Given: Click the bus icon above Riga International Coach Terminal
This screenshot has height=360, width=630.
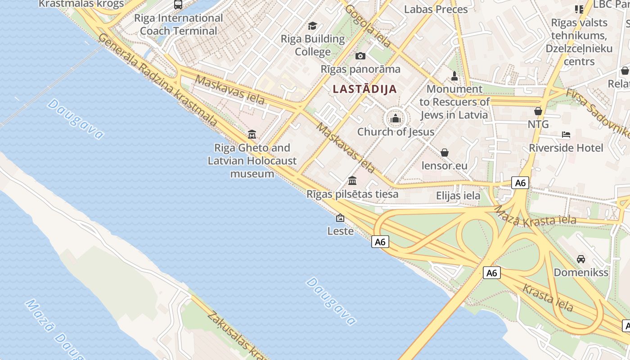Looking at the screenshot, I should (x=178, y=5).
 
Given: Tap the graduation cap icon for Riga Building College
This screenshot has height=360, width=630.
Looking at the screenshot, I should (x=312, y=26).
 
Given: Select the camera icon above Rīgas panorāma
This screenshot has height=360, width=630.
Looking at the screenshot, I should (x=360, y=56).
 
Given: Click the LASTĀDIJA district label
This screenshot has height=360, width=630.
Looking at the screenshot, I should (x=365, y=89).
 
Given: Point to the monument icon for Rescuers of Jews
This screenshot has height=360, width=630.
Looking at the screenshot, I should (x=454, y=76).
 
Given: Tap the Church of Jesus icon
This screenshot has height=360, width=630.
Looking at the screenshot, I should (x=396, y=118).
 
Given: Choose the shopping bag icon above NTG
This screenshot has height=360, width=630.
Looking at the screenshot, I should (x=538, y=111).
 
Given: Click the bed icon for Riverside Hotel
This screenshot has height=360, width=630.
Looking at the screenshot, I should (x=566, y=135).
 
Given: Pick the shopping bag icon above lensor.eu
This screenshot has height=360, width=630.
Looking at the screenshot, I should (x=445, y=153).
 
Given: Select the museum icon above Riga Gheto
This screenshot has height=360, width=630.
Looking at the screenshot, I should (x=252, y=134).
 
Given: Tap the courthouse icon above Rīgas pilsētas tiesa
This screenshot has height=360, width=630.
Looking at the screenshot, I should (x=352, y=181).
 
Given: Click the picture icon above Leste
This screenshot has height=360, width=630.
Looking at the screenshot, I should (x=340, y=218).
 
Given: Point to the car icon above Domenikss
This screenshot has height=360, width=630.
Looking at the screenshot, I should (x=581, y=259).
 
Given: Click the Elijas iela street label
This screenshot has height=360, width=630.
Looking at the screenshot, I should (x=458, y=196).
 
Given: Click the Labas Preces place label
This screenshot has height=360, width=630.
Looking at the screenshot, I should (x=436, y=9).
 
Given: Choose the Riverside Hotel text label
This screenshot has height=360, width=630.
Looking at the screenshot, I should (x=566, y=148).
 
